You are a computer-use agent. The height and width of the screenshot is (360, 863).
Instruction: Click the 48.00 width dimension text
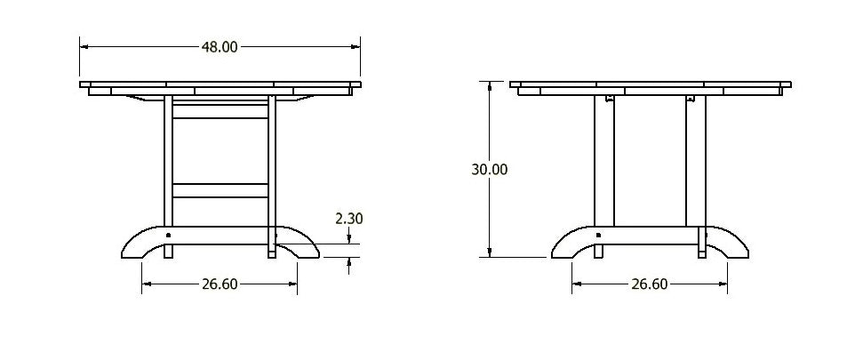(220, 47)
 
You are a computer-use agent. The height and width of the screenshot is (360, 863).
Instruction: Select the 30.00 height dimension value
(490, 169)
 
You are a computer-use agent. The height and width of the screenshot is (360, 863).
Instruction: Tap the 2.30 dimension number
(348, 218)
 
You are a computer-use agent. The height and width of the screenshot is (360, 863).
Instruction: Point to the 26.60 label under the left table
(220, 284)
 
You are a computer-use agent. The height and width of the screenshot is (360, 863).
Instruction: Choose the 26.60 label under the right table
(649, 284)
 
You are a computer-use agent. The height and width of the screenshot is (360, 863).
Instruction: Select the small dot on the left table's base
(169, 236)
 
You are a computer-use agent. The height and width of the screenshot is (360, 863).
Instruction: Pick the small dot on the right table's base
(598, 236)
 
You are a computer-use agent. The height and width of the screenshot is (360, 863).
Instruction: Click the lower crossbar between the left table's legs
(220, 190)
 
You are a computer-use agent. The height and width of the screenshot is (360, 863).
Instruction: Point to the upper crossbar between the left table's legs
(220, 112)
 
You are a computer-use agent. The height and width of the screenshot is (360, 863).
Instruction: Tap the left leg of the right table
(604, 160)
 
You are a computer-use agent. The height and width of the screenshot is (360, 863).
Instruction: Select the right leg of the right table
(696, 160)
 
